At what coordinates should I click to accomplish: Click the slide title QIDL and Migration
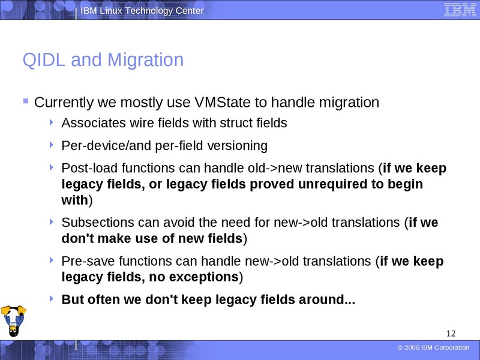(103, 60)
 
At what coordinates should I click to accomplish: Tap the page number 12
(452, 334)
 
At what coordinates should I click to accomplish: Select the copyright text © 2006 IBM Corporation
(433, 348)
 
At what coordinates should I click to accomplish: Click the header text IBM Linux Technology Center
(142, 11)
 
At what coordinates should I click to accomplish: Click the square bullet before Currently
(25, 101)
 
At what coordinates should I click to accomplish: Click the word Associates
(91, 124)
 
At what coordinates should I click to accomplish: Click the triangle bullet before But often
(53, 298)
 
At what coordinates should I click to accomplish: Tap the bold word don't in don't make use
(77, 239)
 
